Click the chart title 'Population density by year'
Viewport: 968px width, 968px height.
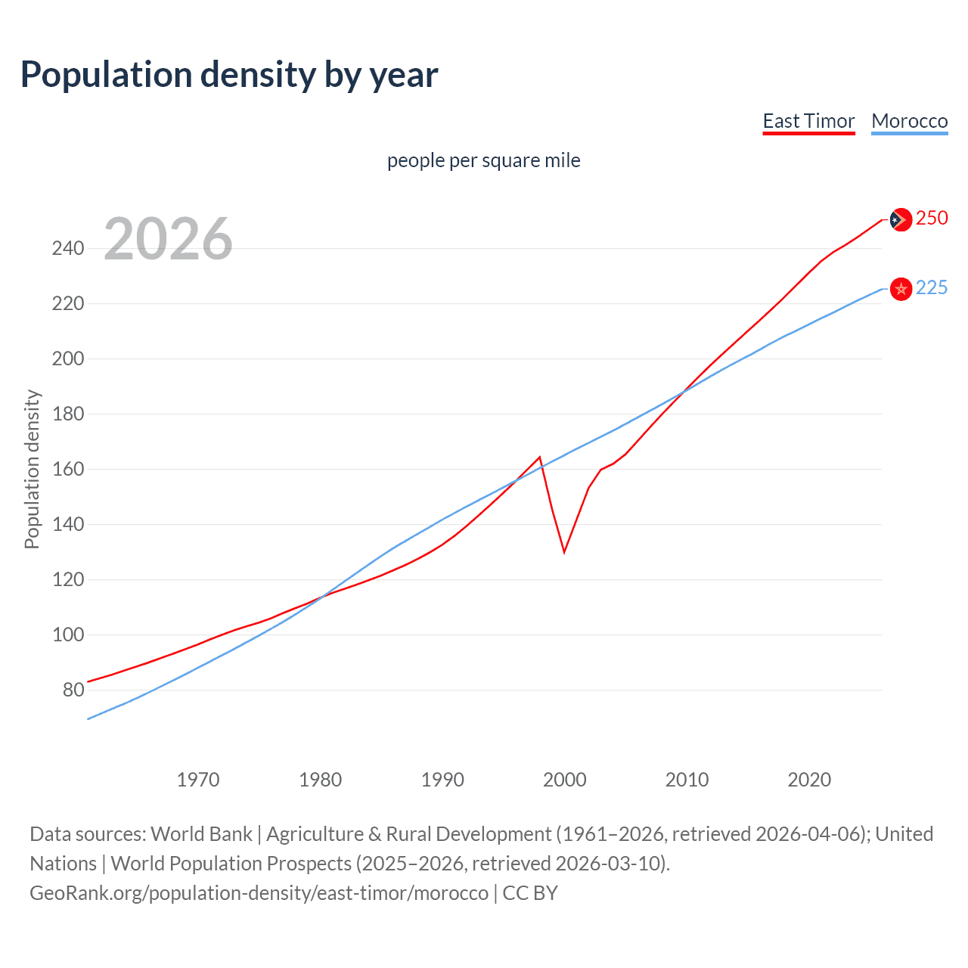coord(229,75)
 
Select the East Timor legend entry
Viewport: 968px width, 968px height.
coord(808,121)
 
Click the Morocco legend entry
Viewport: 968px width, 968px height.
coord(909,121)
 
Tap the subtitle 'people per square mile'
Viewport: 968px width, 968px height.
coord(483,160)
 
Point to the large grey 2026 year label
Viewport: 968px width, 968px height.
coord(168,239)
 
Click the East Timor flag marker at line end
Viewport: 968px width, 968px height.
coord(900,219)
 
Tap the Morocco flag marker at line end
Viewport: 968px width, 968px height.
coord(901,289)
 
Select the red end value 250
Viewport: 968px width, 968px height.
coord(931,219)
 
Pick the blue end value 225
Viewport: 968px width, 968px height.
coord(931,288)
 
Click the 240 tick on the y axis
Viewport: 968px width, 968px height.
coord(68,248)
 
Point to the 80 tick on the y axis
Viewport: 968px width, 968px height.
coord(73,690)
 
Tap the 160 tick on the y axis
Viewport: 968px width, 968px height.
coord(68,469)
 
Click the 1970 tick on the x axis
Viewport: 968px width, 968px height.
coord(198,780)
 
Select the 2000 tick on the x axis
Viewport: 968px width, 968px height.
coord(564,780)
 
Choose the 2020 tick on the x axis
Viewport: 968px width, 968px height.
coord(809,780)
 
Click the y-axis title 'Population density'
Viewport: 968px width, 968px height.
coord(32,469)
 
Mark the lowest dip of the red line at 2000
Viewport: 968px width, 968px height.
coord(564,552)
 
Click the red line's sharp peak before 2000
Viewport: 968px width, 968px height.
coord(540,457)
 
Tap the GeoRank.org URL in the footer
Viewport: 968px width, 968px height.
coord(259,893)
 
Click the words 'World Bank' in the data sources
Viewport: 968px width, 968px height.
coord(201,834)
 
